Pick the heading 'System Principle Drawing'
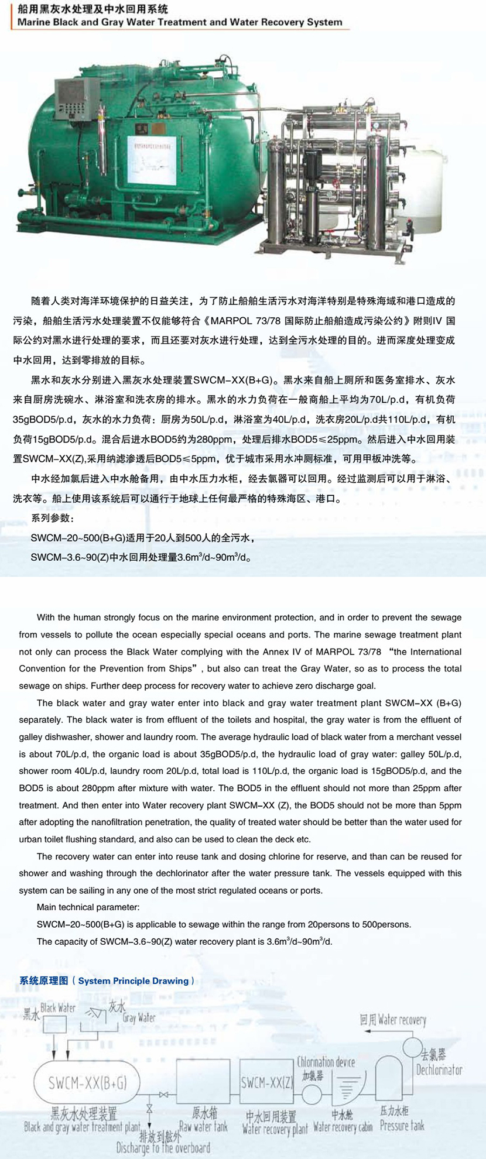(134, 980)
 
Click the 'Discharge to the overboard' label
(163, 1147)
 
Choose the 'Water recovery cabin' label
(343, 1127)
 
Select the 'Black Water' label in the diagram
(58, 1008)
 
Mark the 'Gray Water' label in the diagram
(139, 1017)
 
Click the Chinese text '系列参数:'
(52, 519)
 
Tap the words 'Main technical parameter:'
(88, 907)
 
